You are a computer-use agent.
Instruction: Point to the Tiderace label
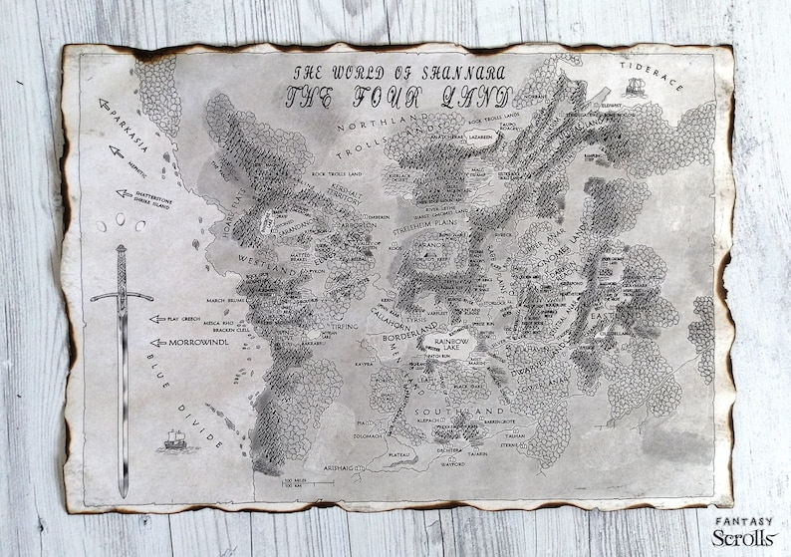pyautogui.click(x=652, y=76)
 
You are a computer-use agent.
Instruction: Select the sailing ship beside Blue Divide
pyautogui.click(x=175, y=438)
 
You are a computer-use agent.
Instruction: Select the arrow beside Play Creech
pyautogui.click(x=156, y=320)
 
